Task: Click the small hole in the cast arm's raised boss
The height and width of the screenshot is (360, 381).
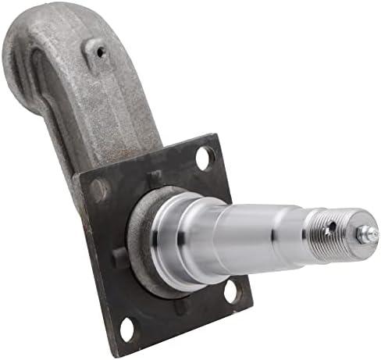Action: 99,52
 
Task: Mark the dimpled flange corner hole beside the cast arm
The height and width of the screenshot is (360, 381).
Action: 100,188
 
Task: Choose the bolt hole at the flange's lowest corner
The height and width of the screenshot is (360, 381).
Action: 128,329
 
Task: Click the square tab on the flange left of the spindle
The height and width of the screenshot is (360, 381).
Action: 118,258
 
